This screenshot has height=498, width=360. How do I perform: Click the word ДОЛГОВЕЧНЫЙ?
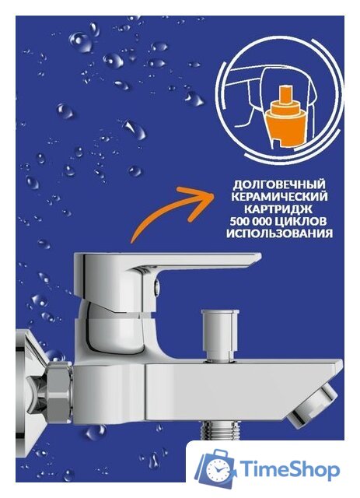(276, 184)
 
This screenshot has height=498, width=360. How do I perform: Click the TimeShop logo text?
(289, 470)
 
